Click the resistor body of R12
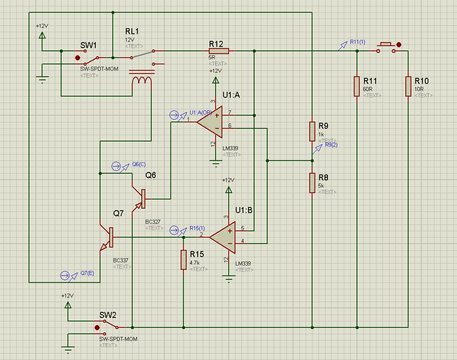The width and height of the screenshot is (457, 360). point(218,51)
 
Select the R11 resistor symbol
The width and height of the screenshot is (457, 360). point(357,86)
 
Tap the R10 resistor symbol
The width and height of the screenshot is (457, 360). point(408,86)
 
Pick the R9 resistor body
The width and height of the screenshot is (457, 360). point(312,131)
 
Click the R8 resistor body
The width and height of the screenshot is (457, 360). point(312,183)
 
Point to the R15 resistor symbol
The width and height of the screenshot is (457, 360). point(183,259)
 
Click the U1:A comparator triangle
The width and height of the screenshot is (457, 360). point(210,122)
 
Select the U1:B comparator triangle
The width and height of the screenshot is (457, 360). point(223,237)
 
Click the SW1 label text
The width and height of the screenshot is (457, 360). point(89,45)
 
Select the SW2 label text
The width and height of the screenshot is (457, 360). point(108,315)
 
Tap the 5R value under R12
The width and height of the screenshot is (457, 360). point(212,57)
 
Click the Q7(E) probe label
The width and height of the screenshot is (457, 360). point(87,273)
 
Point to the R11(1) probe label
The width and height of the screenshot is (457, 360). point(357,42)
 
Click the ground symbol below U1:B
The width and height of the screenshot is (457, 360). point(229,279)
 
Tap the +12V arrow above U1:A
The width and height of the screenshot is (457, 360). point(216,81)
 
